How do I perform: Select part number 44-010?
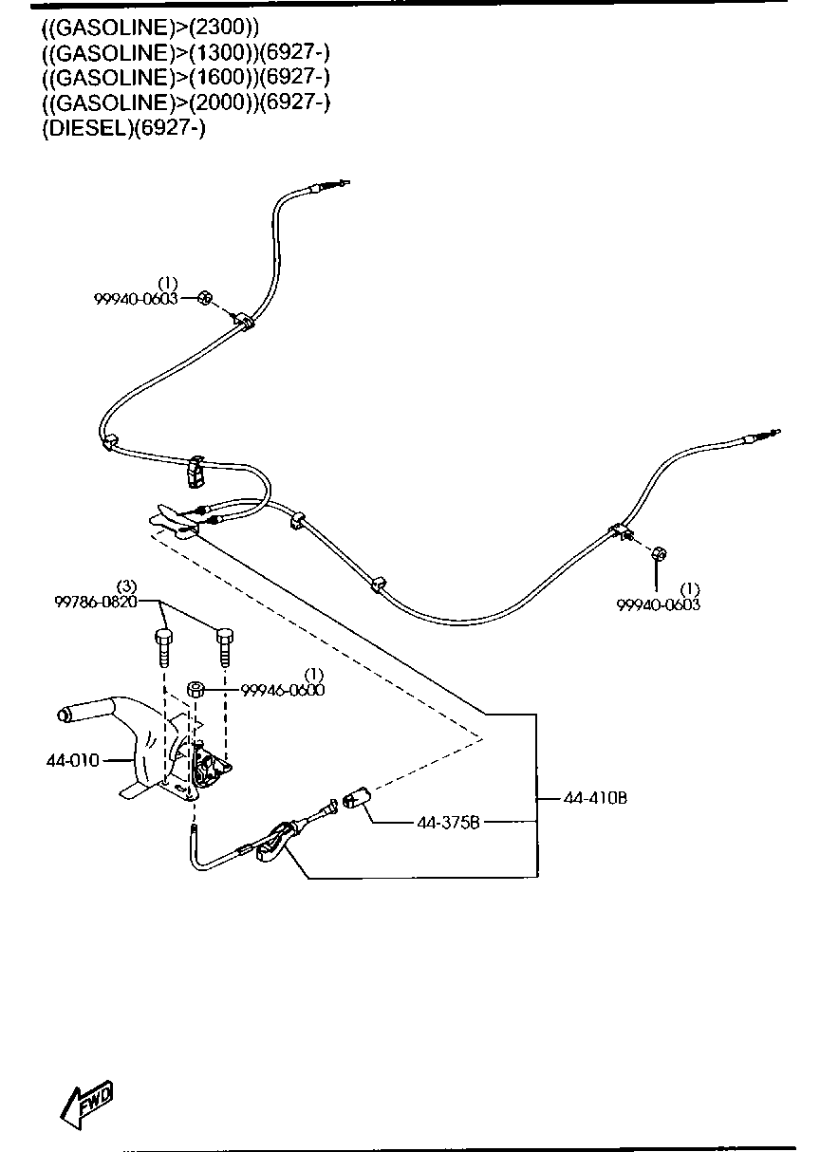point(70,759)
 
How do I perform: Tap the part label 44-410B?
point(595,798)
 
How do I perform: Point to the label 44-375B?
point(449,822)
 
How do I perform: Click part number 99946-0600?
point(283,690)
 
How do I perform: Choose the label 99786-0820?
point(96,601)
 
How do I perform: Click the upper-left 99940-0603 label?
point(136,298)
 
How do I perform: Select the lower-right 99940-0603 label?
point(659,604)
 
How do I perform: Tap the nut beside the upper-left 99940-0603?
point(204,298)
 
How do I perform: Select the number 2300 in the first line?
point(220,26)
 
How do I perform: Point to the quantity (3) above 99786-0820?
point(127,586)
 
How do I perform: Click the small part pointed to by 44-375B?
point(357,799)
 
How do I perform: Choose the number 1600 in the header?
point(214,77)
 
